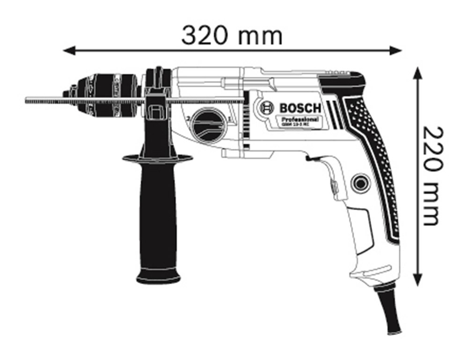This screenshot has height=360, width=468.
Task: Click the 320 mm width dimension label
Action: [232, 35]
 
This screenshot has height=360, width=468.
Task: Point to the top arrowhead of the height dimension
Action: [418, 73]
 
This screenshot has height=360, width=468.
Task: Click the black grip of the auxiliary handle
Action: [158, 215]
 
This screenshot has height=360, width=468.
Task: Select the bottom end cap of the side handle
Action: [158, 277]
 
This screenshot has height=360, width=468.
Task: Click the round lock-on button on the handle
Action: [360, 183]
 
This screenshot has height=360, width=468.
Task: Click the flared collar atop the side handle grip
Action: [158, 158]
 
